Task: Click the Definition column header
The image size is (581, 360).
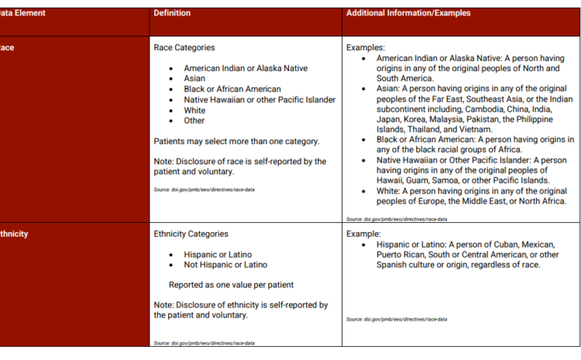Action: [172, 13]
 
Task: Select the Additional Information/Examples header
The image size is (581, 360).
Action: [407, 13]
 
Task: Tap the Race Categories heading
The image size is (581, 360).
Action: [184, 48]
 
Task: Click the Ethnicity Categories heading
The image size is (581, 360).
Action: [191, 233]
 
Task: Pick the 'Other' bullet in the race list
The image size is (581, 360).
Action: [194, 121]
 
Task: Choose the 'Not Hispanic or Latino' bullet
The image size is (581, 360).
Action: [225, 265]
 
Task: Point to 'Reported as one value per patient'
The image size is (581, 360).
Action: [231, 284]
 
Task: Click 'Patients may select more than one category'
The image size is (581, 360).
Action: [237, 141]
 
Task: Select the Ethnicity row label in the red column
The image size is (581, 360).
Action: [14, 233]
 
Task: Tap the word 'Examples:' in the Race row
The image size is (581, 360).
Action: [366, 48]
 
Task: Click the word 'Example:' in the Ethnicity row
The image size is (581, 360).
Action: [363, 233]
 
